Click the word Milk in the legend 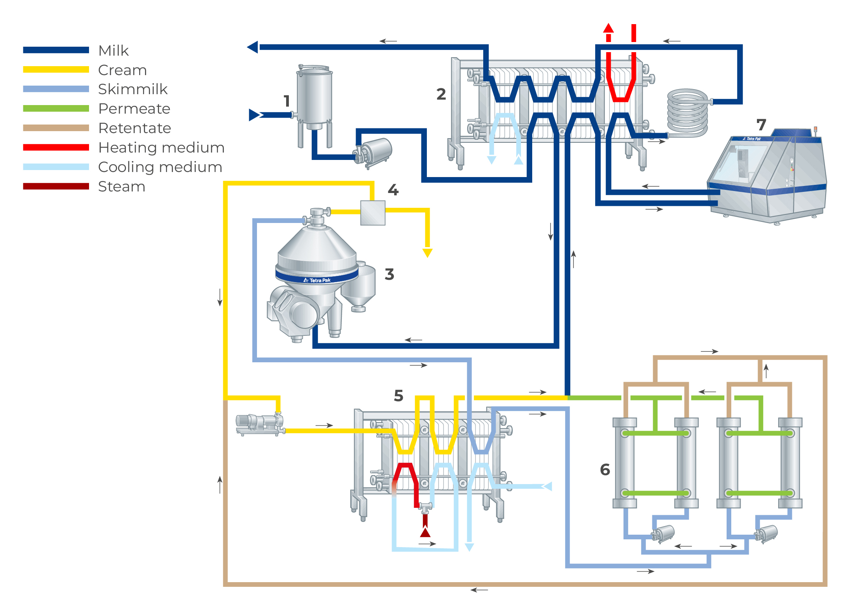tap(113, 51)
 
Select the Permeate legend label tap(134, 109)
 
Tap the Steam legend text tap(121, 186)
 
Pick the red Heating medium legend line tap(56, 147)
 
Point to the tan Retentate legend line tap(56, 128)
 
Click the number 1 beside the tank tap(287, 101)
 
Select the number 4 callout tap(393, 190)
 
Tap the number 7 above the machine tap(761, 125)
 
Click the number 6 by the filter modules tap(605, 470)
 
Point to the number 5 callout tap(398, 396)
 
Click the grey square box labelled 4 tap(373, 213)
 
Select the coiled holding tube tap(687, 113)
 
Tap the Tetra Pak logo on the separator tap(317, 280)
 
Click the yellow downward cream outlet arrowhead tap(427, 253)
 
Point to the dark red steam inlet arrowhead tap(425, 532)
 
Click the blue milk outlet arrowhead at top tap(253, 47)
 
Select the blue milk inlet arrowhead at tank tap(254, 115)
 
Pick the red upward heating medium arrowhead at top tap(608, 28)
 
